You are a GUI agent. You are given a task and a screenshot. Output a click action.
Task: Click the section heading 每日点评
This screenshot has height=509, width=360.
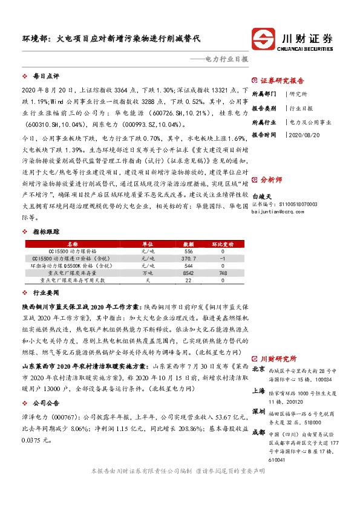point(46,77)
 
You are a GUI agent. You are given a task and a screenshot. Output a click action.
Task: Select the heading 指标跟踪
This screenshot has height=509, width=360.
point(46,232)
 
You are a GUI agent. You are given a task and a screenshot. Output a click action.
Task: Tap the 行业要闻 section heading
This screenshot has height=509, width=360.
point(46,292)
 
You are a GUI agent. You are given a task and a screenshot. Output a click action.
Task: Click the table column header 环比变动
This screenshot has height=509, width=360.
point(222,243)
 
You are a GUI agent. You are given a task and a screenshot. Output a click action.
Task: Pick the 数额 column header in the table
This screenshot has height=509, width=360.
point(188,243)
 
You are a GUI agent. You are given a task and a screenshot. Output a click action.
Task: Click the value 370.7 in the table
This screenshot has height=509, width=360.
point(188,258)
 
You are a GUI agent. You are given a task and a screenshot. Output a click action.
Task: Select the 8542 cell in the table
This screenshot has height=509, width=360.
point(188,273)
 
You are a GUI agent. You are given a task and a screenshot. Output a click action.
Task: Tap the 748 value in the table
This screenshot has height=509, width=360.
point(222,273)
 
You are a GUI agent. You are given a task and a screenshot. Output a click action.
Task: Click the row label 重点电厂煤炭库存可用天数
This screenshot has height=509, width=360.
point(72,280)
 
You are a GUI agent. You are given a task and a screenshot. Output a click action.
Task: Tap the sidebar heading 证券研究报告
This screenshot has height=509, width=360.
point(282,80)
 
